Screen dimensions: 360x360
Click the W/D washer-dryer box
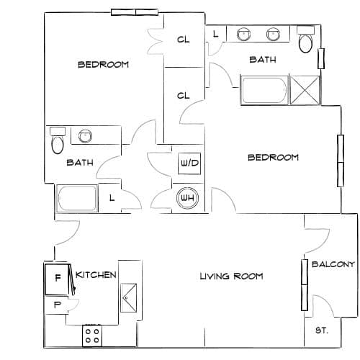tap(189, 163)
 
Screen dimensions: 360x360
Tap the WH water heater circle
tap(187, 198)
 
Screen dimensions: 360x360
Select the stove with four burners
tap(92, 336)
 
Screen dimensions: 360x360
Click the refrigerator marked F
tap(57, 279)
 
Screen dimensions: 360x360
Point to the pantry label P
tap(58, 305)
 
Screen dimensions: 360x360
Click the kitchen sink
tap(128, 297)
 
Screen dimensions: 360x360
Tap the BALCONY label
tap(333, 264)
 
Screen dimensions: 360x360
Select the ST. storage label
tap(322, 330)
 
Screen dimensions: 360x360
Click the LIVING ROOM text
tap(231, 276)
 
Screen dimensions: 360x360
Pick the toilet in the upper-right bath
tap(305, 40)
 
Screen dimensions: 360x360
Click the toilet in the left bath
tap(58, 140)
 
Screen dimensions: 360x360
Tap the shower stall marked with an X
tap(305, 90)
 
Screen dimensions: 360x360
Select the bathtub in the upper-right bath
tap(264, 90)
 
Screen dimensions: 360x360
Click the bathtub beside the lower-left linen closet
tap(77, 198)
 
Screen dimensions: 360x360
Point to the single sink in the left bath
tap(85, 136)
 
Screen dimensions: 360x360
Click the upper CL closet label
tap(184, 40)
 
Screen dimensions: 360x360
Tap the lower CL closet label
tap(184, 96)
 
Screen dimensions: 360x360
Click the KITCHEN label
tap(96, 275)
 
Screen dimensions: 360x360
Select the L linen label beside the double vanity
tap(216, 34)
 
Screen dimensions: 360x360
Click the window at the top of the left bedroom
tap(135, 12)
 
